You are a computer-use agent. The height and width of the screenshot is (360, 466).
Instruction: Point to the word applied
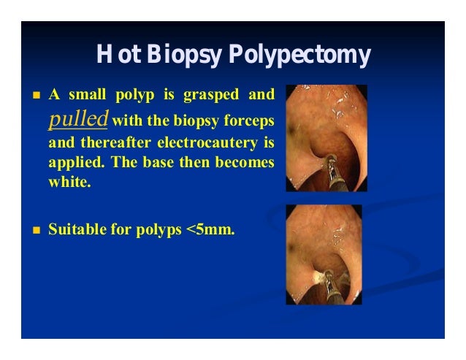coord(72,161)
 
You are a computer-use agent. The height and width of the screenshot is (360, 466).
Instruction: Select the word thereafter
coord(112,139)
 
